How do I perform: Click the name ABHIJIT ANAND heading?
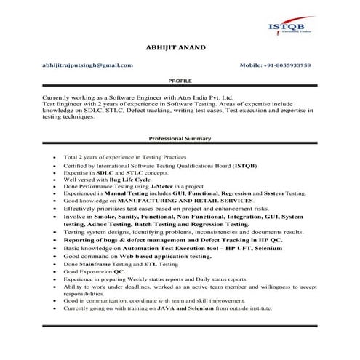[x=176, y=47]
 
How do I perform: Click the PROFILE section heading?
[x=180, y=83]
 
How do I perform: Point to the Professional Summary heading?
[x=180, y=138]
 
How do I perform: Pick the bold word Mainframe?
[x=94, y=264]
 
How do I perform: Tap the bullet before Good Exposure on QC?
[x=55, y=271]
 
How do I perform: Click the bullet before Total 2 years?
[x=55, y=157]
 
